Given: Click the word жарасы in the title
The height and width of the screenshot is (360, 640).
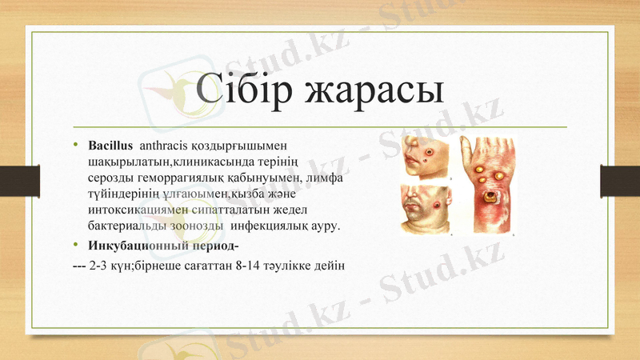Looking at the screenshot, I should click(374, 90).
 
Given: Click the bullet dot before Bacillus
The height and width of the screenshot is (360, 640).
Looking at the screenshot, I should click(77, 146).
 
